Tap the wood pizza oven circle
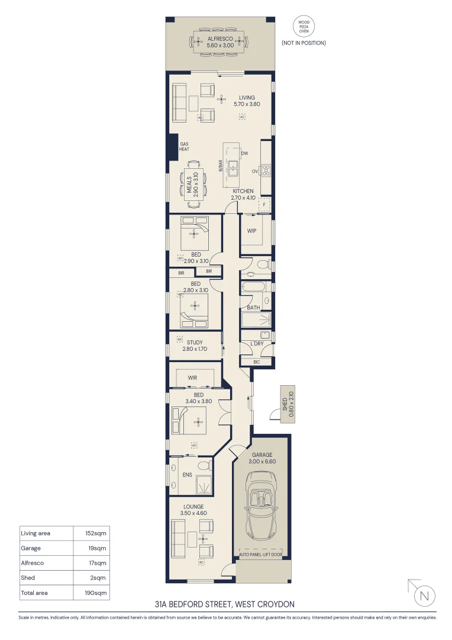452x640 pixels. [x=304, y=26]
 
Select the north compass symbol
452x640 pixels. [x=422, y=594]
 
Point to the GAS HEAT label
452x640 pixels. [x=184, y=146]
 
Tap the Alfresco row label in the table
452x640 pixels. [x=32, y=563]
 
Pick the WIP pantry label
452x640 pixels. [x=251, y=231]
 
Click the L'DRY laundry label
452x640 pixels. [x=257, y=344]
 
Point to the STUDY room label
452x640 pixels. [x=195, y=343]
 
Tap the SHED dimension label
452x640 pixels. [x=288, y=405]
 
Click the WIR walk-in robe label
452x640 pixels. [x=192, y=377]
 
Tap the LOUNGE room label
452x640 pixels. [x=193, y=507]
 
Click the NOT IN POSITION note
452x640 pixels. [x=304, y=43]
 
